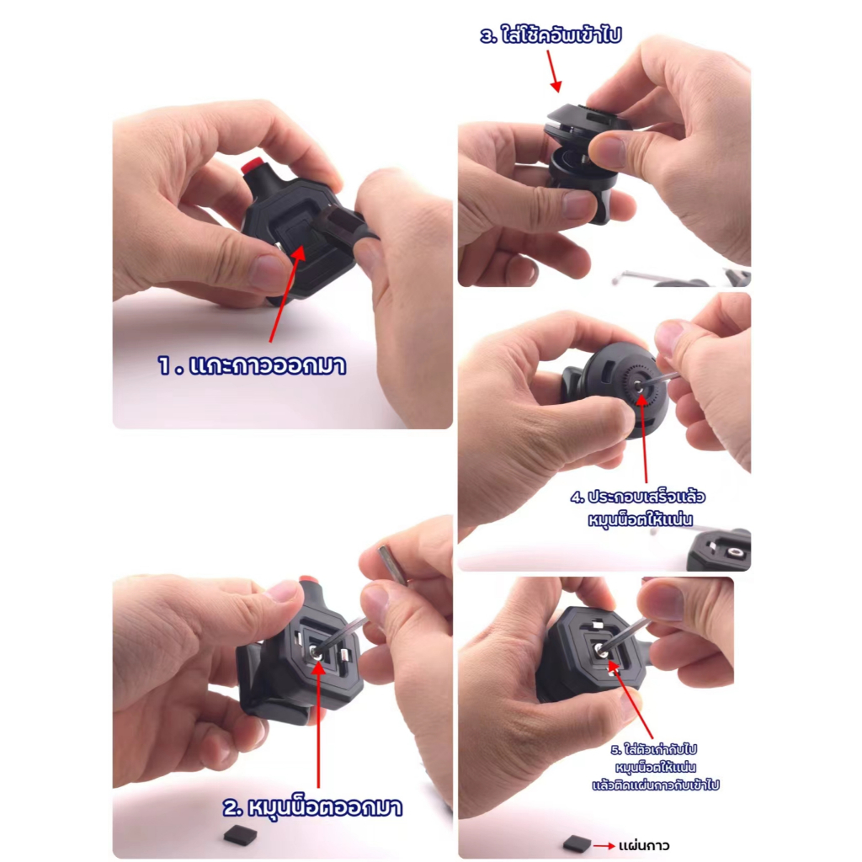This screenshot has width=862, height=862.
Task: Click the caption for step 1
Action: (252, 365)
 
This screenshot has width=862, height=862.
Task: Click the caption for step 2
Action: (312, 807)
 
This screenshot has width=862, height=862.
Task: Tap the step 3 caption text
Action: (551, 35)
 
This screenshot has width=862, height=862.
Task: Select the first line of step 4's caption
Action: (638, 497)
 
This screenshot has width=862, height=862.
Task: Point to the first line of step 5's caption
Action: (653, 749)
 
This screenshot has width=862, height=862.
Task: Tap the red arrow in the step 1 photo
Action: (286, 294)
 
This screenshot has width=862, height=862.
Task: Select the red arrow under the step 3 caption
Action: (554, 72)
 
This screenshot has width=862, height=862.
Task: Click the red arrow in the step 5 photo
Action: (631, 700)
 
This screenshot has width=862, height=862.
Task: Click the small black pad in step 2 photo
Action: (240, 834)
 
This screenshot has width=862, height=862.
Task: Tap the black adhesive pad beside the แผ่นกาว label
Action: (577, 843)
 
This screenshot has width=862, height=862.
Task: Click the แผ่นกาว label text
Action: (644, 845)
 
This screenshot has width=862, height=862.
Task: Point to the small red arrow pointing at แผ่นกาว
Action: (604, 845)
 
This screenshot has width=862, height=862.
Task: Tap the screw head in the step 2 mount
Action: (315, 652)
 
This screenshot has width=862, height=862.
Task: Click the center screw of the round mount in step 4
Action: (640, 386)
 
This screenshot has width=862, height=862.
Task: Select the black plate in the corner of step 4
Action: (719, 551)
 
